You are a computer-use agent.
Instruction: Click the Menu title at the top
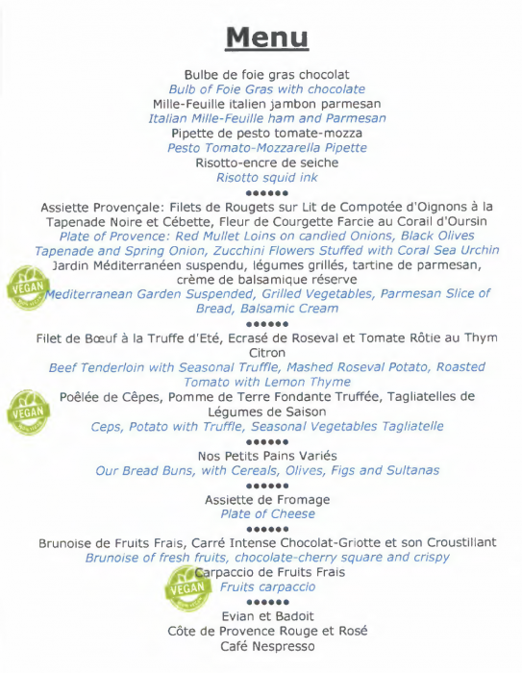click(266, 37)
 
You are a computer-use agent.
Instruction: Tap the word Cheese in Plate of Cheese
click(292, 514)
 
